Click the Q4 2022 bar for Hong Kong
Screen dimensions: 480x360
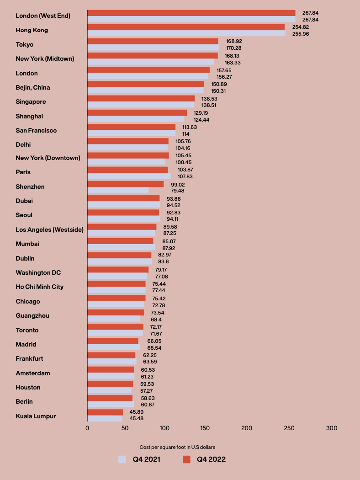pos(186,27)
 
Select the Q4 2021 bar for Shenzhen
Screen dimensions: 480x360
pos(118,190)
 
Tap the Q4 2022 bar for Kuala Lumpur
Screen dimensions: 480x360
pos(105,412)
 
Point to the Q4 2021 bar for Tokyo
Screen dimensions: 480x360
pos(153,48)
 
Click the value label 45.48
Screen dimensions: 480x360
pos(137,419)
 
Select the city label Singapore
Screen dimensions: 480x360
pos(31,101)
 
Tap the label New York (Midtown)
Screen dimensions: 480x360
pos(45,59)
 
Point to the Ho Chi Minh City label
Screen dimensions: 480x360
pos(40,287)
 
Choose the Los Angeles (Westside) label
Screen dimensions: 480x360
pos(49,229)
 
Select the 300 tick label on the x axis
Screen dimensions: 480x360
pos(332,428)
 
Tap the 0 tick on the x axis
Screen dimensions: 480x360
pos(87,428)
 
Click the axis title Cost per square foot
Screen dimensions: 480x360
pos(177,447)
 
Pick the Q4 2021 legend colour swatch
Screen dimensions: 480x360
pos(122,459)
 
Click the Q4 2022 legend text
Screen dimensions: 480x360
pos(211,459)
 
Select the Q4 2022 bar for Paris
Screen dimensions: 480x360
pos(127,170)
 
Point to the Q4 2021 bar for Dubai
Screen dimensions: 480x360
pos(124,204)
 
